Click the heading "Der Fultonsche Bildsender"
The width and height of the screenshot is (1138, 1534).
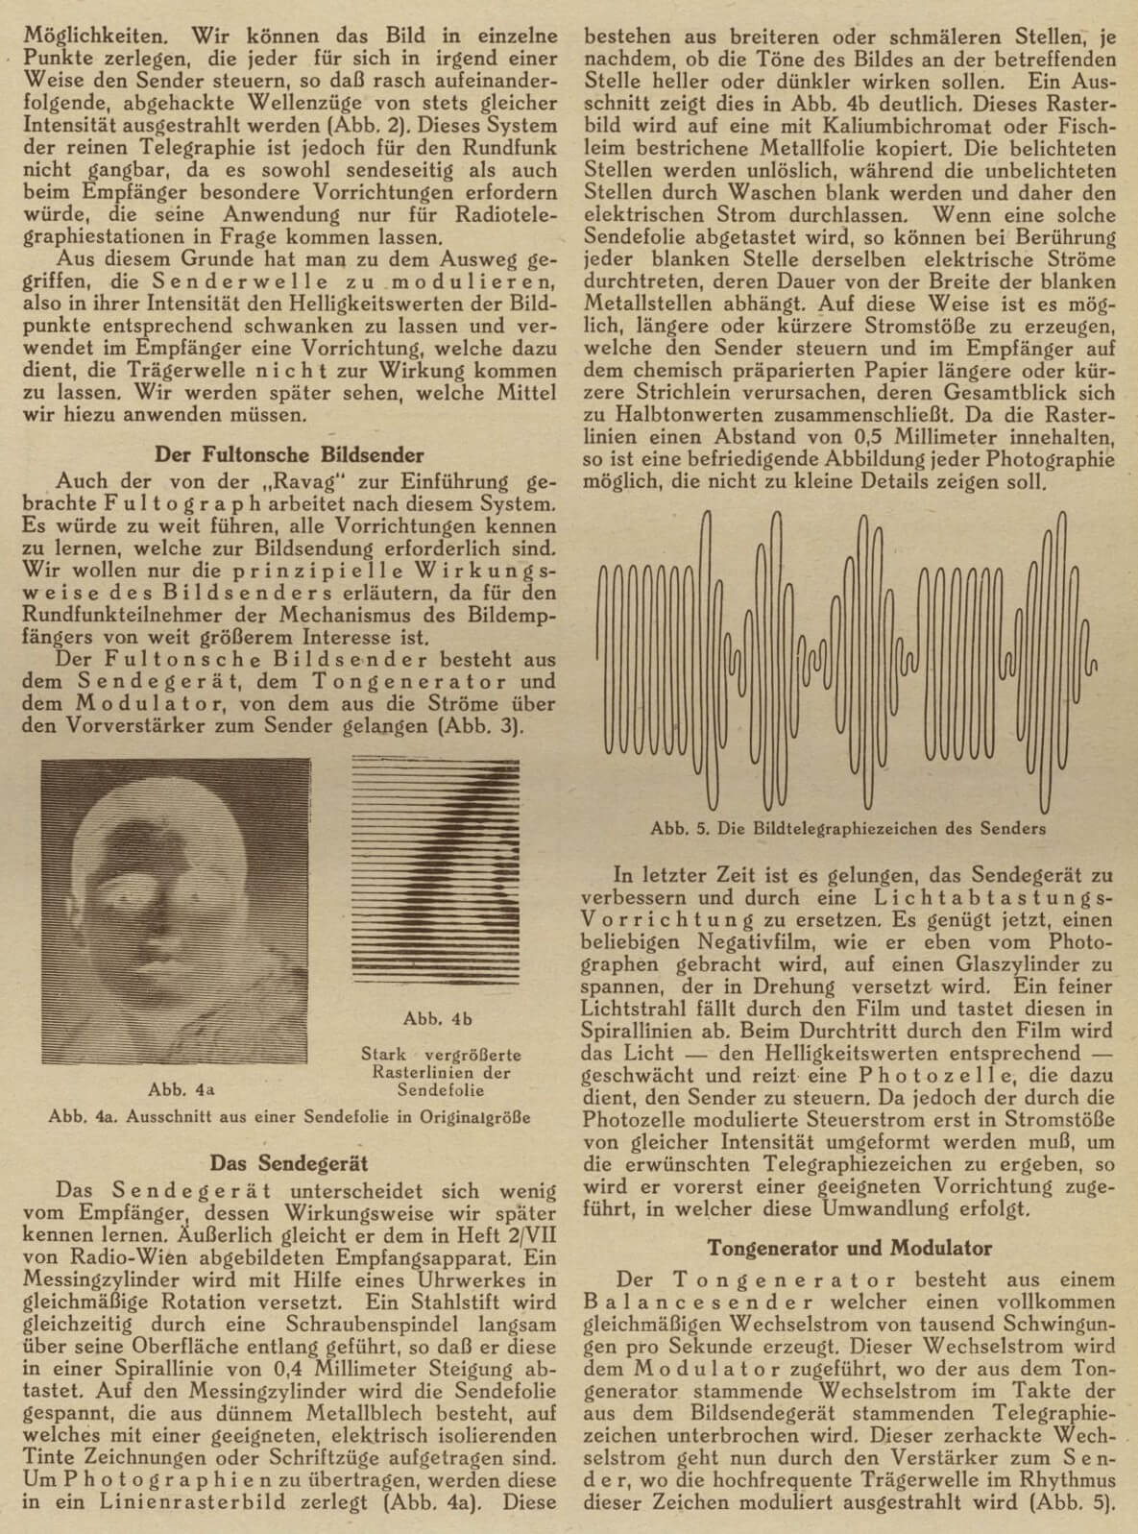(289, 454)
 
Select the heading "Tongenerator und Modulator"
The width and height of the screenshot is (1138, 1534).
(849, 1248)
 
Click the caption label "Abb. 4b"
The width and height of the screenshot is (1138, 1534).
(438, 1018)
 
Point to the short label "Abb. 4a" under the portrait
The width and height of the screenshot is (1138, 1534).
(182, 1089)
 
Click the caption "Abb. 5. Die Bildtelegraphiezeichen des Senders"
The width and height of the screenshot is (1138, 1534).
(848, 827)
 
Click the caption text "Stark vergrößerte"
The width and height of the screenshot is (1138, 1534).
(439, 1055)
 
